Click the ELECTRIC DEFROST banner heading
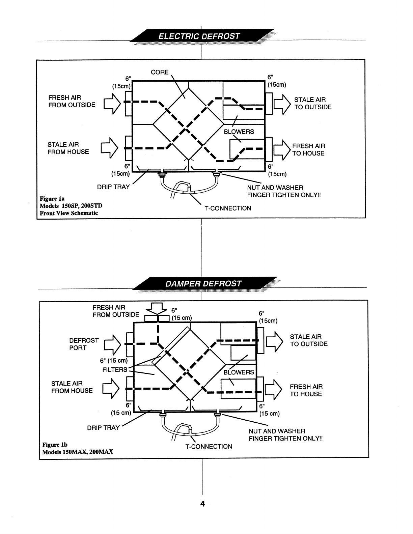point(199,36)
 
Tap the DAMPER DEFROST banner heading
point(203,283)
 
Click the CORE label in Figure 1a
point(160,72)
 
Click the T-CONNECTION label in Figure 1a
point(228,208)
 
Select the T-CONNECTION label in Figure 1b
point(209,447)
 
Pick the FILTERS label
point(115,369)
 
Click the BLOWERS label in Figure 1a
point(239,132)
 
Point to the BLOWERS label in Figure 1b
point(239,372)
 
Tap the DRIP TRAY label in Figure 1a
point(113,187)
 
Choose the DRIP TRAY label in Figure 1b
point(103,428)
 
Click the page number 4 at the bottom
point(202,504)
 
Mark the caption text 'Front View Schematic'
point(69,213)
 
